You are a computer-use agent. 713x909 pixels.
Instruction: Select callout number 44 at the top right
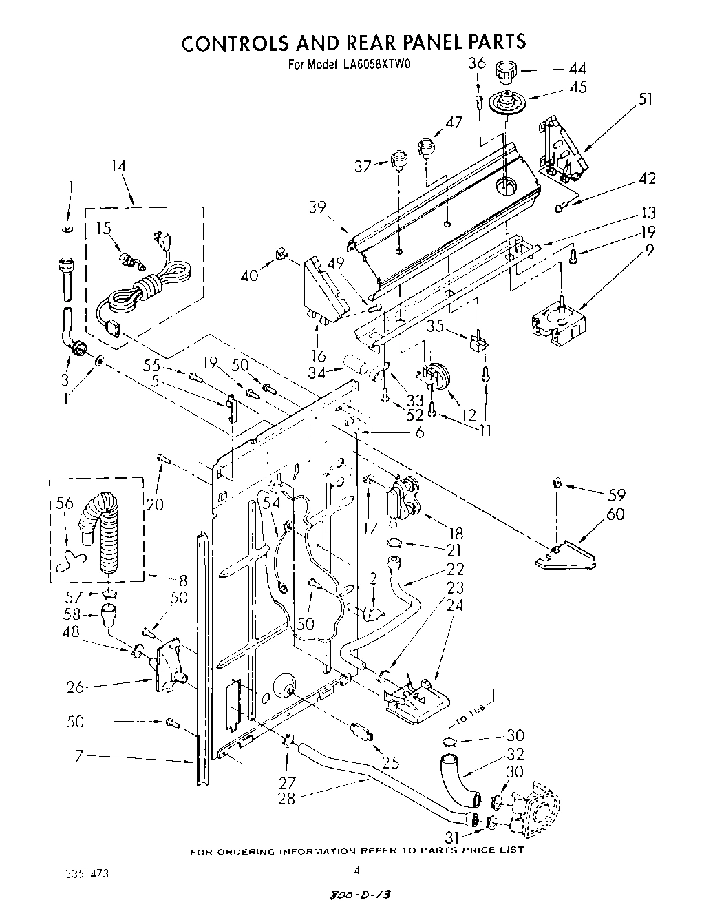577,68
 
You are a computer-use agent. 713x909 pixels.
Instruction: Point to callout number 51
645,98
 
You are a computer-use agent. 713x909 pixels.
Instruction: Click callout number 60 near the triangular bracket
615,514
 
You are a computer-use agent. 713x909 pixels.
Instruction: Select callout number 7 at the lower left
80,756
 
